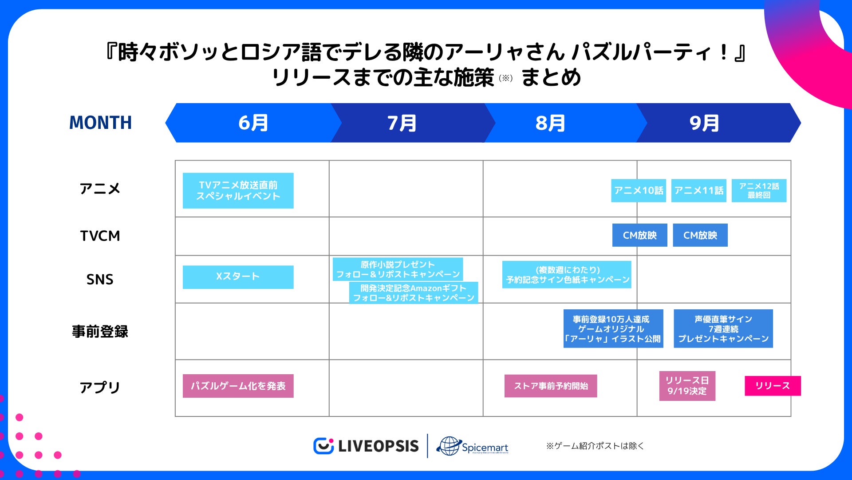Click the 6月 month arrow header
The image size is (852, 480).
point(253,123)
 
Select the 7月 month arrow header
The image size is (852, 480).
point(402,123)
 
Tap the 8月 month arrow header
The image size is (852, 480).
point(550,123)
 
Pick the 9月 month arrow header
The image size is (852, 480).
point(704,123)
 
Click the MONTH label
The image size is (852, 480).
point(101,123)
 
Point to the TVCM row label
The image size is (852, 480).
point(100,236)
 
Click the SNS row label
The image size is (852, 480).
point(100,280)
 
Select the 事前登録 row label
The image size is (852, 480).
point(100,332)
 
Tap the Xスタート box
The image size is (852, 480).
point(238,277)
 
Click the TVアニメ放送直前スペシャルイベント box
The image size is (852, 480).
point(238,191)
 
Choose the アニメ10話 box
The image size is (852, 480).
point(638,191)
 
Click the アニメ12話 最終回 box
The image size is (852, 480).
point(759,191)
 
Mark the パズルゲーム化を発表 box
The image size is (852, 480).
point(238,386)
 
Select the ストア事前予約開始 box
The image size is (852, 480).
point(551,386)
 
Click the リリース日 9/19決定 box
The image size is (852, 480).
point(687,386)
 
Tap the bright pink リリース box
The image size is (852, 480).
point(773,386)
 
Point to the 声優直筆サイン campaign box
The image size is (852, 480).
point(723,329)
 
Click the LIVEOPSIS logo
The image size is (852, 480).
point(366,446)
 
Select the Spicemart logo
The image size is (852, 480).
point(473,446)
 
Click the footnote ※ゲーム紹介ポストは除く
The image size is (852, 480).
point(595,446)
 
